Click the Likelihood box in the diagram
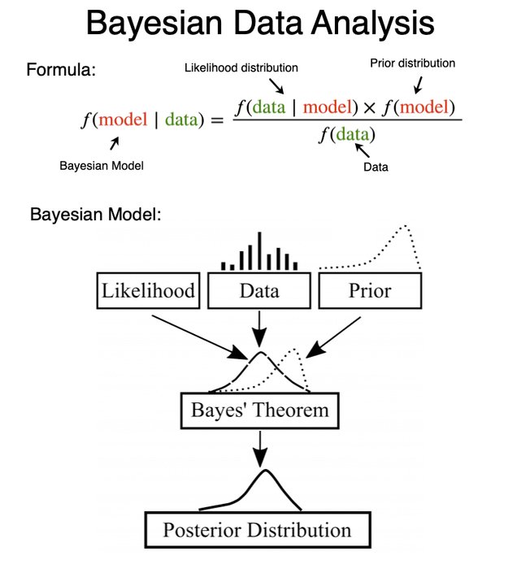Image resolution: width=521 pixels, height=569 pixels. click(148, 291)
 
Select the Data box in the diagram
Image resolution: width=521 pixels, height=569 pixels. click(259, 291)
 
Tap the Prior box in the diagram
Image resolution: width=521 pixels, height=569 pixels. click(371, 291)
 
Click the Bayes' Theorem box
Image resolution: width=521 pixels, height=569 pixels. click(260, 410)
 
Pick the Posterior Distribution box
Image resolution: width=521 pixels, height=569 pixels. click(257, 531)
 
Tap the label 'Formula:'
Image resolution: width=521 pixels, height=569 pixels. click(61, 69)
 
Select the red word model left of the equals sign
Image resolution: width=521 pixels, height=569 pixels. click(123, 120)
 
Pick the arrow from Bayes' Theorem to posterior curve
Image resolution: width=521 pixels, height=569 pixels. click(259, 445)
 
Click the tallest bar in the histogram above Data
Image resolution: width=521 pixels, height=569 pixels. click(259, 250)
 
